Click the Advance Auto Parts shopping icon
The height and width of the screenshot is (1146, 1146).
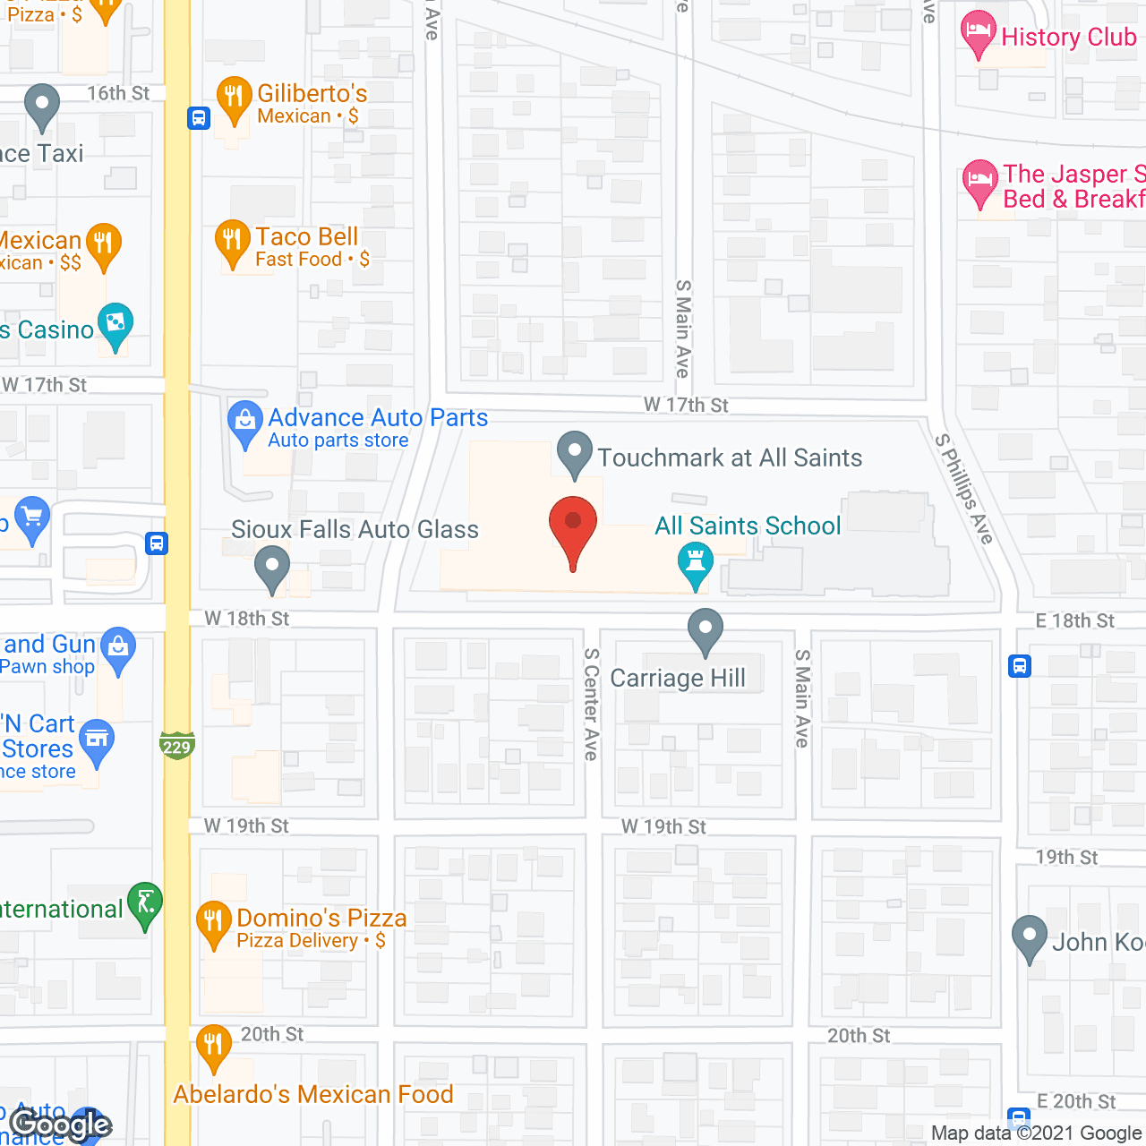click(x=244, y=423)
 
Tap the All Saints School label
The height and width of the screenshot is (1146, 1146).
click(x=748, y=526)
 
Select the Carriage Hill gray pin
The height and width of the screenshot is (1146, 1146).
click(x=706, y=630)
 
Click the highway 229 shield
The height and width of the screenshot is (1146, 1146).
click(x=177, y=746)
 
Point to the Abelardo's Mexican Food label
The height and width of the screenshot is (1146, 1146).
click(x=313, y=1094)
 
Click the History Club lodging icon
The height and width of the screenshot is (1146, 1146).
click(x=978, y=33)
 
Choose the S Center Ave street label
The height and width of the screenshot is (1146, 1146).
click(x=591, y=704)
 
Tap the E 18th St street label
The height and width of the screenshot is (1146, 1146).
click(x=1074, y=620)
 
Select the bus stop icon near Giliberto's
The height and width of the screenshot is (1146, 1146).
click(x=199, y=117)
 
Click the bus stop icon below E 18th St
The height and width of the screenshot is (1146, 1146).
click(x=1020, y=666)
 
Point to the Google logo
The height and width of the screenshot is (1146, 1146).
click(x=61, y=1125)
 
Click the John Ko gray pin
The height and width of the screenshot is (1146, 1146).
click(x=1030, y=937)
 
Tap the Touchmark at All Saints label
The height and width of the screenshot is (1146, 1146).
click(x=730, y=458)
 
